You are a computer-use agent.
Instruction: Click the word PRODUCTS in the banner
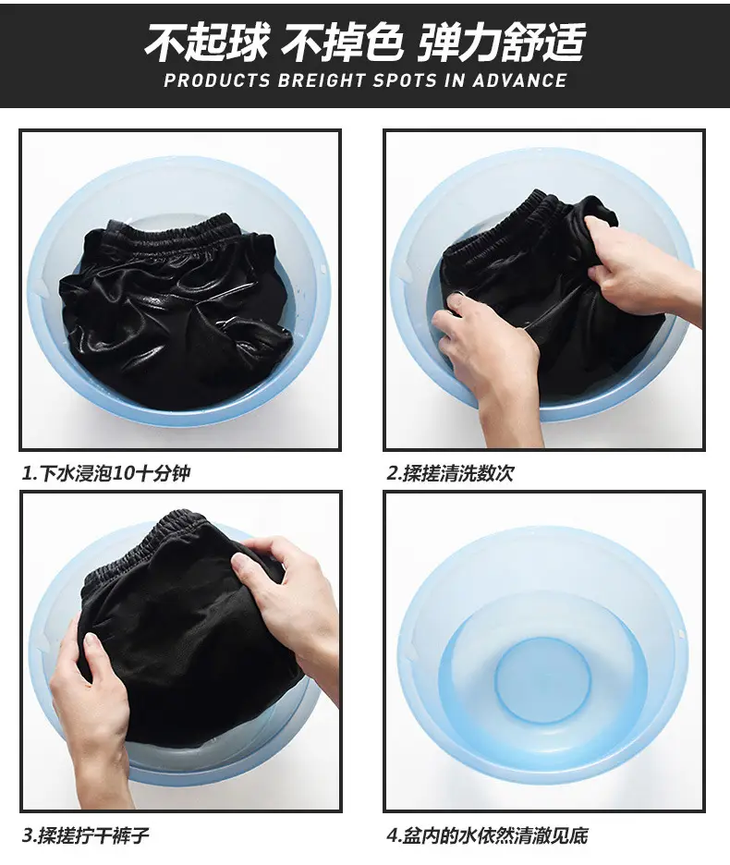pos(217,80)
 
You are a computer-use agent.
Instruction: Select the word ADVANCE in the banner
pos(519,80)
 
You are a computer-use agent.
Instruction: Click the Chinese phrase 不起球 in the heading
pos(207,43)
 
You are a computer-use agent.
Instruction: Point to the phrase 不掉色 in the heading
pos(342,43)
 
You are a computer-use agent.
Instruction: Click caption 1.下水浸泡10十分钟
pos(106,473)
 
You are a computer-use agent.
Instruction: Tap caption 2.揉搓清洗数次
pos(450,473)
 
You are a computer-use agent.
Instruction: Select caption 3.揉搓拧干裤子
pos(86,835)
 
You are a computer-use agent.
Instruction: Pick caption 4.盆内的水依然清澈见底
pos(487,835)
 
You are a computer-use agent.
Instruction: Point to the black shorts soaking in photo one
pos(176,309)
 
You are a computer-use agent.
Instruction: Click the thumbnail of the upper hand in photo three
pos(239,564)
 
